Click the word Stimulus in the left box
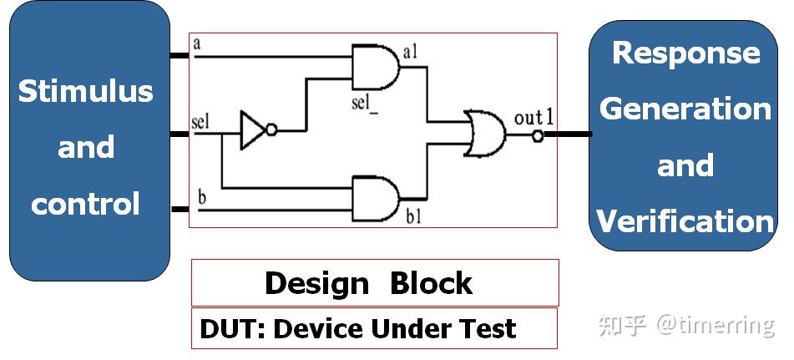[86, 91]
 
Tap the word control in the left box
[86, 204]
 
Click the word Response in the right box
[685, 53]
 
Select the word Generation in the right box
[685, 109]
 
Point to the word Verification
[685, 221]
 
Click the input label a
[197, 43]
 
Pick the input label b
[201, 196]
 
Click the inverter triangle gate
[253, 131]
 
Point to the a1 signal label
[410, 53]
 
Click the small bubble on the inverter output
[272, 131]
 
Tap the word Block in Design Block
[431, 283]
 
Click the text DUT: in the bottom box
[233, 328]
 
